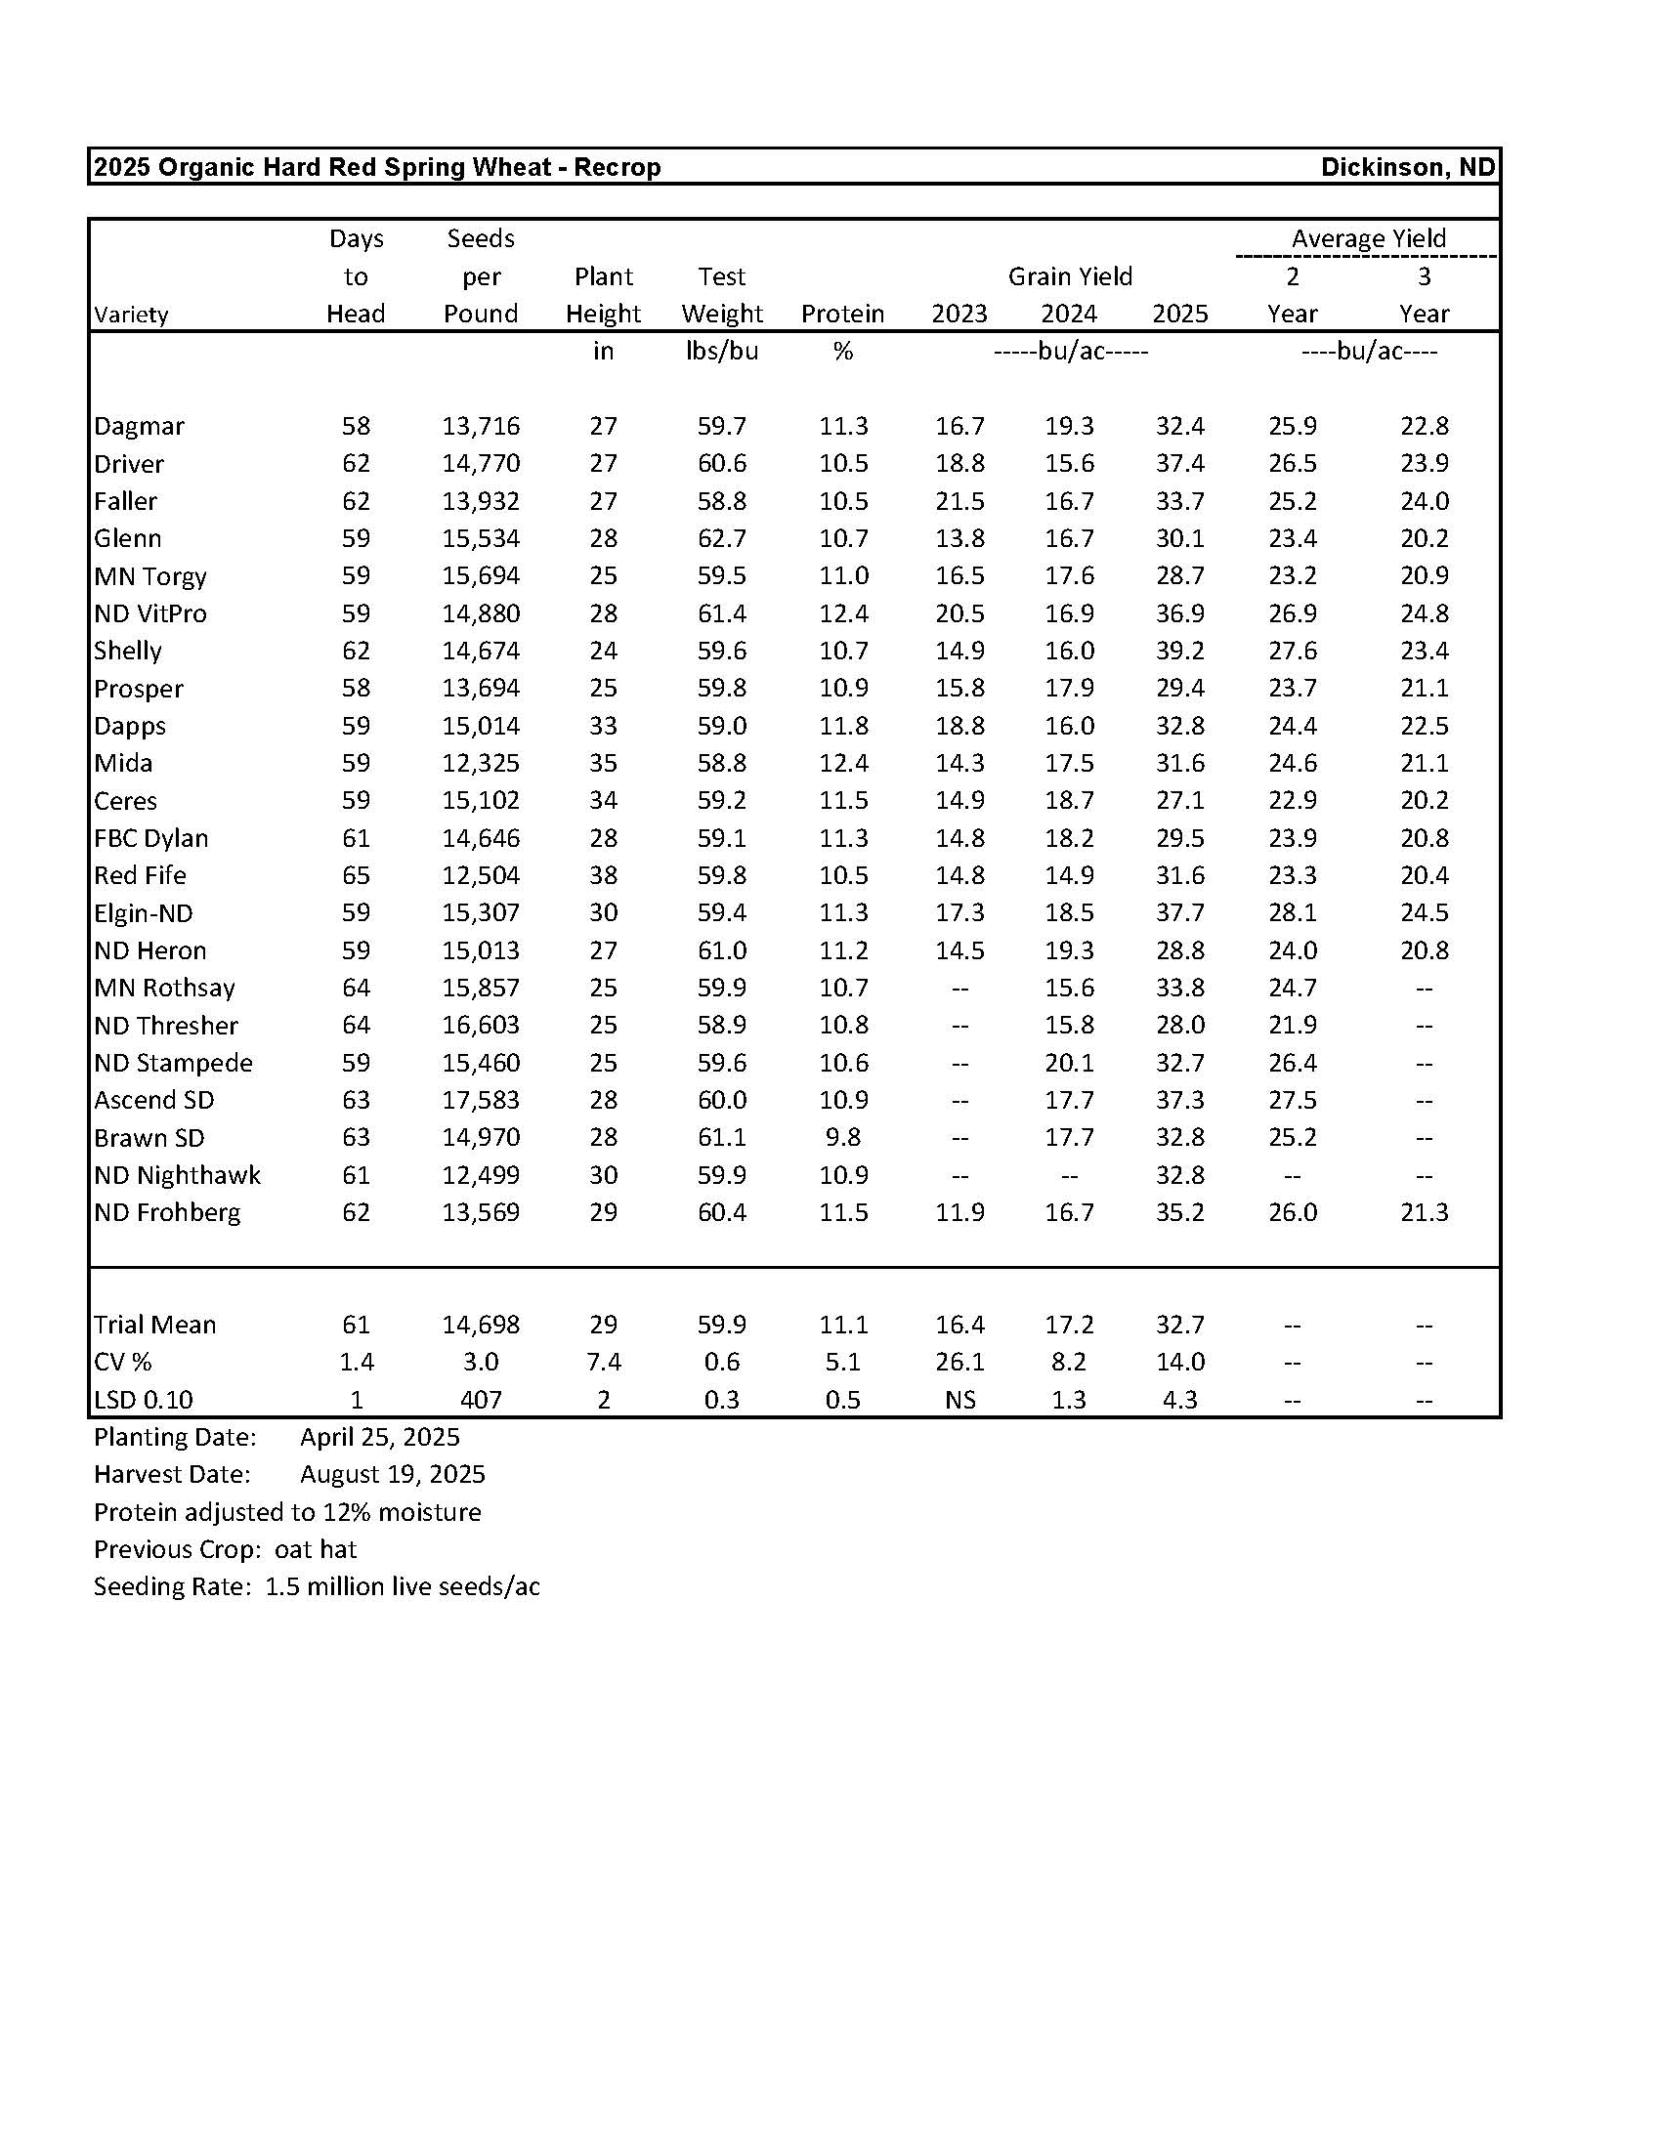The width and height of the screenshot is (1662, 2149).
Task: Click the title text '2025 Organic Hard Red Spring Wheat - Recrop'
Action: point(377,167)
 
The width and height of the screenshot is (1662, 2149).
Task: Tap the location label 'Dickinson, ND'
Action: point(1407,167)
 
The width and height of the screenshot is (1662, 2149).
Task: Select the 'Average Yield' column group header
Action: point(1368,238)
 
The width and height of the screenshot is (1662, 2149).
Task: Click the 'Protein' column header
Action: point(842,314)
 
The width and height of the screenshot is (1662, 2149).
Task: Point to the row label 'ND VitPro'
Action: point(150,614)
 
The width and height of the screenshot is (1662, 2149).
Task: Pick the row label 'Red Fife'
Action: point(140,876)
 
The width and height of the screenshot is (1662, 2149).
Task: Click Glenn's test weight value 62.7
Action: point(721,538)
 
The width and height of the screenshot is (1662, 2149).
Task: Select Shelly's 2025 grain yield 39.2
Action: point(1180,651)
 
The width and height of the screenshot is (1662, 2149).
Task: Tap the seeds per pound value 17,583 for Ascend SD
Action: point(480,1100)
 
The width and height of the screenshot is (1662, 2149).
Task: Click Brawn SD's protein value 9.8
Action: point(842,1137)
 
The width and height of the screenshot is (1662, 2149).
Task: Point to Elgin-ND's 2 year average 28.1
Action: point(1292,913)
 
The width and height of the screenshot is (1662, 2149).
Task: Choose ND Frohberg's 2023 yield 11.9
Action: point(959,1212)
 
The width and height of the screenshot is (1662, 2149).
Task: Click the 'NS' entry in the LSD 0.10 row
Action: point(959,1399)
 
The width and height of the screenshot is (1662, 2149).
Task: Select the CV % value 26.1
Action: point(959,1362)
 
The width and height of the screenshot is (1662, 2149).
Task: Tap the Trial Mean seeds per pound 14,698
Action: point(480,1325)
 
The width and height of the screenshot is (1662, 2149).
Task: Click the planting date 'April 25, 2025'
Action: point(380,1437)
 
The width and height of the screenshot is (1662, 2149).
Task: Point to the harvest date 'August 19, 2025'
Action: point(393,1474)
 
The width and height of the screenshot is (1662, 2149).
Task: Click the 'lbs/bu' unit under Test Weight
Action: point(721,352)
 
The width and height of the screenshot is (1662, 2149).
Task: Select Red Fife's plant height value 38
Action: point(603,876)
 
